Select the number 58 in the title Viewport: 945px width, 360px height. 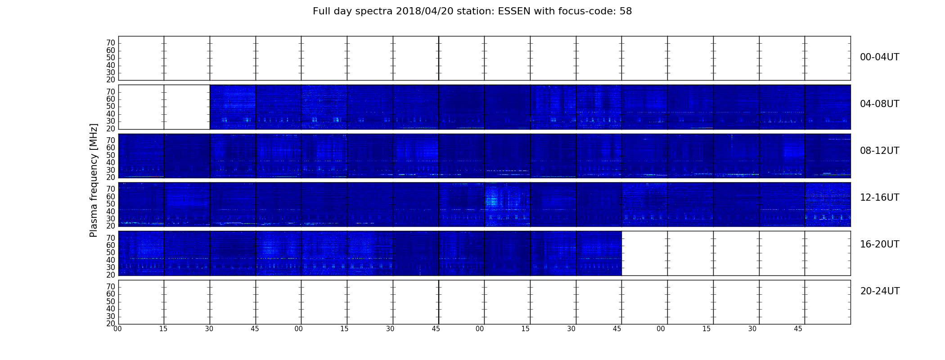[x=626, y=11]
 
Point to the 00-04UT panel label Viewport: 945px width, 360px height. [x=879, y=57]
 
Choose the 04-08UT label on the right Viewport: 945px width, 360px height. [x=879, y=104]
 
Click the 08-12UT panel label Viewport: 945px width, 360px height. [x=879, y=151]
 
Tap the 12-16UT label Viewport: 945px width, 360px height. [x=879, y=198]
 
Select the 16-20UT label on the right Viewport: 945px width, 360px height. [x=879, y=244]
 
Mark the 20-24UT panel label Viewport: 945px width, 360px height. [x=880, y=291]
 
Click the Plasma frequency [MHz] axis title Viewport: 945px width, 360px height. [x=94, y=180]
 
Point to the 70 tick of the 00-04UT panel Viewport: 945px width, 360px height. [x=111, y=43]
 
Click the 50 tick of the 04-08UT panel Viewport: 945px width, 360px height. [x=111, y=107]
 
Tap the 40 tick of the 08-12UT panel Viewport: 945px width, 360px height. [x=111, y=163]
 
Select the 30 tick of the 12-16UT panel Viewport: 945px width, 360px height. [x=111, y=219]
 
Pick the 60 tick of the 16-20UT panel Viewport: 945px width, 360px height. [x=111, y=246]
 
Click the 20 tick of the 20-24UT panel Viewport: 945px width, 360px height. [x=111, y=324]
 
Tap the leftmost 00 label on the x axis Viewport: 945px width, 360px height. [x=117, y=329]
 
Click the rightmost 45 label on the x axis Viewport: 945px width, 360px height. [x=798, y=329]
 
